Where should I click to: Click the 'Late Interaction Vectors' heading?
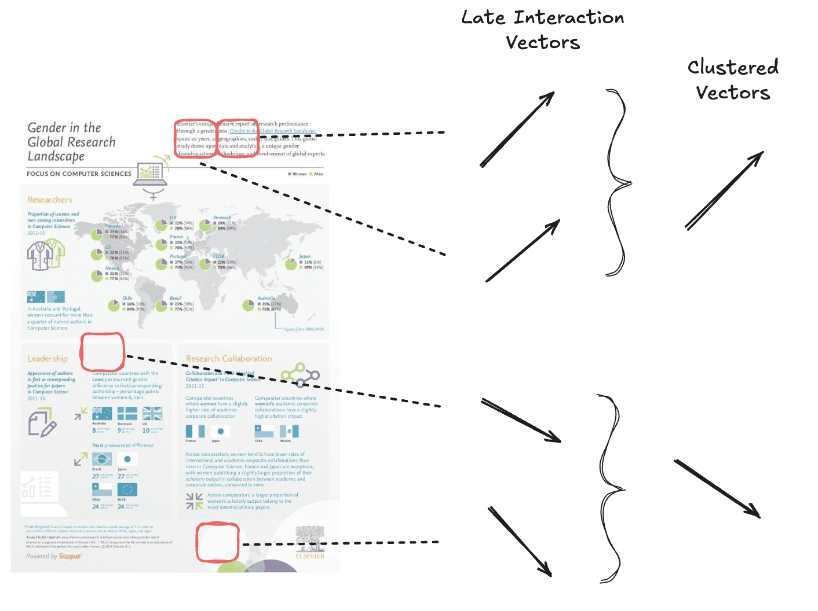(x=543, y=30)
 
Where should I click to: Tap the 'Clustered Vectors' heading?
(x=733, y=80)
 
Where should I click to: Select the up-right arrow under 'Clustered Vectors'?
(x=724, y=190)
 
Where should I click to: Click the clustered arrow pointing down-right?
(x=717, y=489)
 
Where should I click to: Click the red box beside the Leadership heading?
(x=103, y=352)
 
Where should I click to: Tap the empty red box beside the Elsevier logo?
(x=217, y=542)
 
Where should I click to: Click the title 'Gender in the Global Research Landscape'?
(x=71, y=142)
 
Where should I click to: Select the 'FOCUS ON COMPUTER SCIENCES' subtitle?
(x=79, y=174)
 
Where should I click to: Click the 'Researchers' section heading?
(x=50, y=200)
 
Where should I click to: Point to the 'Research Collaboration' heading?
(x=229, y=359)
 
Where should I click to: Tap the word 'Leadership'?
(x=48, y=359)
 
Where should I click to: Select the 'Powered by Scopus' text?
(x=54, y=556)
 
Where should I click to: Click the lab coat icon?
(x=45, y=255)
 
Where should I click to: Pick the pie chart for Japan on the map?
(x=291, y=264)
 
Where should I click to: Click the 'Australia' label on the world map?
(x=266, y=298)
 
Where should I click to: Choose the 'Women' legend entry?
(x=297, y=174)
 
